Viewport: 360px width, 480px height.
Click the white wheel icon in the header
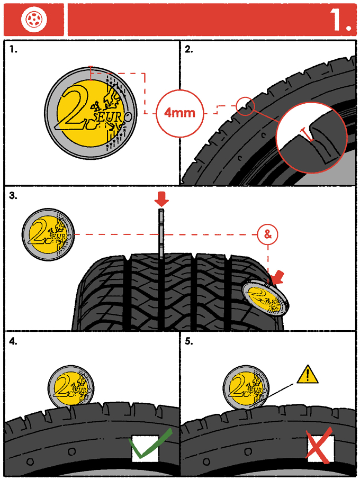click(34, 19)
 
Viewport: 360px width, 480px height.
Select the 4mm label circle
click(179, 113)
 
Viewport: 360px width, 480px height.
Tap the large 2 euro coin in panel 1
click(91, 113)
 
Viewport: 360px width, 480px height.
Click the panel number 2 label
click(189, 49)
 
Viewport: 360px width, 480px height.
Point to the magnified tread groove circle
click(312, 137)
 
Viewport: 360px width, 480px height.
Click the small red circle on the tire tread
click(245, 106)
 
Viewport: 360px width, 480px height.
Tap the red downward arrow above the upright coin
click(161, 201)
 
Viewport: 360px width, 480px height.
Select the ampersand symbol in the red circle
click(267, 235)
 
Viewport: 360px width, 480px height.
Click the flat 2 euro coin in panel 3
click(49, 234)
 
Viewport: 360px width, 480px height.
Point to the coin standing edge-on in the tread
click(161, 233)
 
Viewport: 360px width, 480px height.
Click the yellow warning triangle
click(308, 375)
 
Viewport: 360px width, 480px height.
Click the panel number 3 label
click(13, 196)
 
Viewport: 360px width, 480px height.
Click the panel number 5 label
click(189, 342)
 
